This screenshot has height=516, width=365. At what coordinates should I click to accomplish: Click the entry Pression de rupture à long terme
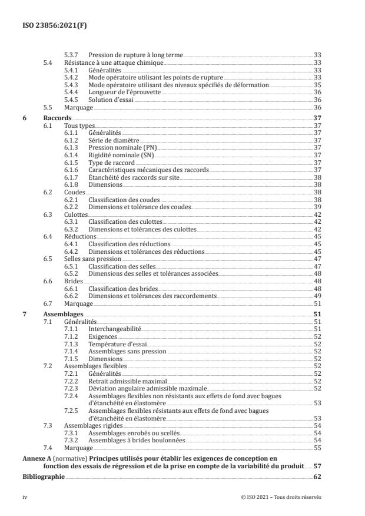[135, 54]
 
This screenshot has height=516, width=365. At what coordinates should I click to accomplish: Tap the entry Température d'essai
[117, 343]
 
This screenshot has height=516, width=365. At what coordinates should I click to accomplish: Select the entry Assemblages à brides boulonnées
[137, 440]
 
